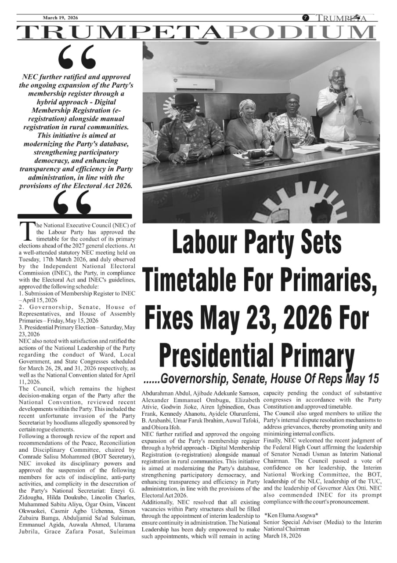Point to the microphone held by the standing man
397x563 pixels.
342,93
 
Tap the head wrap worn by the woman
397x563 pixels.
247,106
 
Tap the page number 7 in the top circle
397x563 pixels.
305,18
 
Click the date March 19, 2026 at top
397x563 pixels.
60,18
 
